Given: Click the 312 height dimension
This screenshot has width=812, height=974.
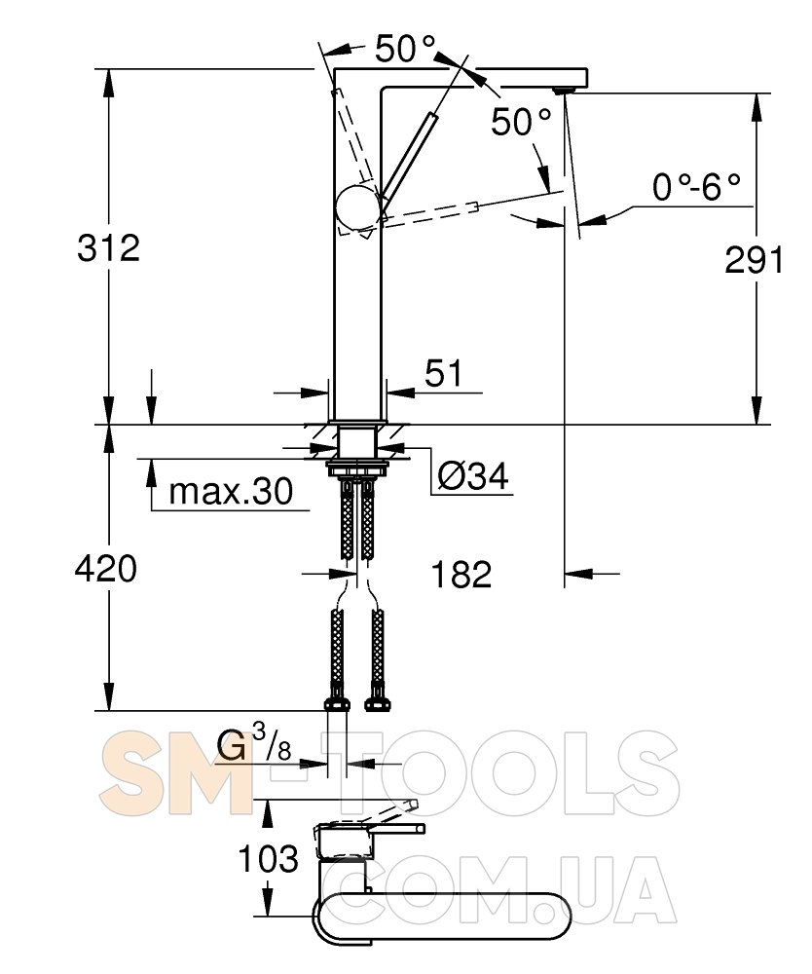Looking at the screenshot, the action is (x=109, y=247).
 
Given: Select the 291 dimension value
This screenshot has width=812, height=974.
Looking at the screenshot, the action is (x=755, y=260).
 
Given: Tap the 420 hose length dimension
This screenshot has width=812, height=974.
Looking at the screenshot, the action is (x=105, y=569).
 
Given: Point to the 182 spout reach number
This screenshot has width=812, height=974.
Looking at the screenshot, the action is (x=461, y=574).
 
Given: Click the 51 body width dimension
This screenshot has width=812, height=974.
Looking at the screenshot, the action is (x=444, y=373).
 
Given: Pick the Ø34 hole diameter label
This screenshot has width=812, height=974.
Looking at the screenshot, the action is (x=473, y=476).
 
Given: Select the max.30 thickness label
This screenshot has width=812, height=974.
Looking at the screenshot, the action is (x=231, y=491).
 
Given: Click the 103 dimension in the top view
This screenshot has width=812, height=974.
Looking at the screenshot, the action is (x=269, y=859).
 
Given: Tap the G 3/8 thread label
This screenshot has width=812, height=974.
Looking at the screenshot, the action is (x=253, y=743).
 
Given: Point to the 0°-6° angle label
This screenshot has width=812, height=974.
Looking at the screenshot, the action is (x=696, y=186).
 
